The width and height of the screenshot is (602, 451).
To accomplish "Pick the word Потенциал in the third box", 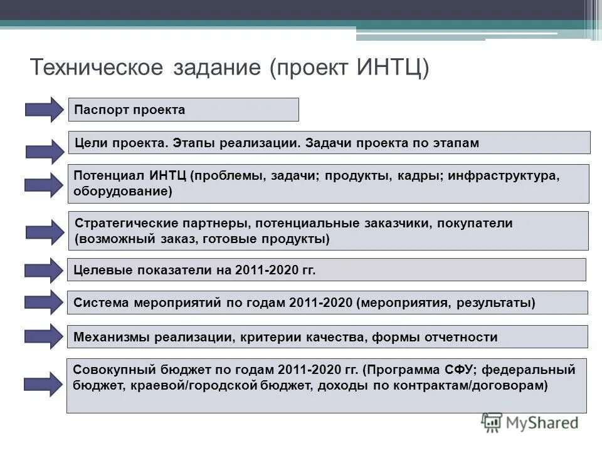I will (x=109, y=175).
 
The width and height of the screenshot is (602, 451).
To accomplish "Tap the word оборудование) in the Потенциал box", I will (x=123, y=191).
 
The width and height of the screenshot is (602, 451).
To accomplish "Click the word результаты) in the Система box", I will (x=496, y=303).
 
